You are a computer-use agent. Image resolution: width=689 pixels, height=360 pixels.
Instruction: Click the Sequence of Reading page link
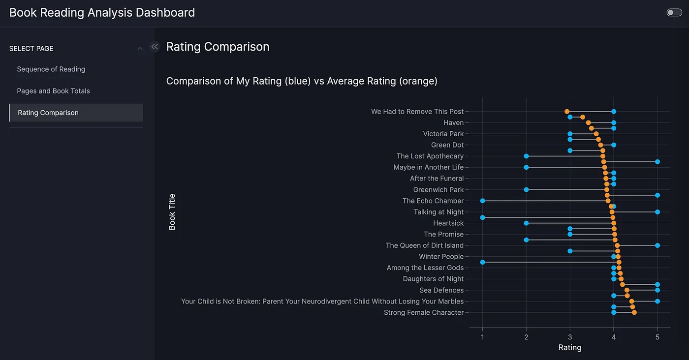(51, 69)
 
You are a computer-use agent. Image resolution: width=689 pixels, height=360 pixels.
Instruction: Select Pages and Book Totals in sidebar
(53, 91)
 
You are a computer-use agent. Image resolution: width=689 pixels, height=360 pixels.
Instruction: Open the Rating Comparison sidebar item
(48, 113)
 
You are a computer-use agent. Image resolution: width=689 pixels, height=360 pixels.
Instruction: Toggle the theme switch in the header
(674, 13)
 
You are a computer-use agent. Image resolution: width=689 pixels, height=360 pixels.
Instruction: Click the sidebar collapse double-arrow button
(155, 47)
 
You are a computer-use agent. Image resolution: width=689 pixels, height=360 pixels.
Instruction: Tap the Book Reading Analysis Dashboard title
(102, 13)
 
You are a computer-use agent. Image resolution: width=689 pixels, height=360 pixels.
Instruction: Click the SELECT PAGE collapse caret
(140, 49)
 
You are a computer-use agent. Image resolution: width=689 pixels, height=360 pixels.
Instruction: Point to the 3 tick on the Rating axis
(570, 337)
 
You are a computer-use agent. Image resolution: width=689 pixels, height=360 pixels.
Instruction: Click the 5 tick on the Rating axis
(658, 337)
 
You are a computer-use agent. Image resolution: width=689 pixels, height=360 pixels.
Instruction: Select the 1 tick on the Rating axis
(482, 337)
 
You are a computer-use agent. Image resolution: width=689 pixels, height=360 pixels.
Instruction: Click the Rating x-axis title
(570, 348)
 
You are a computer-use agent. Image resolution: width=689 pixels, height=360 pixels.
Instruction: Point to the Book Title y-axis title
(172, 212)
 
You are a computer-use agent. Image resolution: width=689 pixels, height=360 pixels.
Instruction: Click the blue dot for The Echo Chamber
(482, 201)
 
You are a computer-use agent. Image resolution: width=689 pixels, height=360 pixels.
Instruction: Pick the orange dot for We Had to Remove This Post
(567, 112)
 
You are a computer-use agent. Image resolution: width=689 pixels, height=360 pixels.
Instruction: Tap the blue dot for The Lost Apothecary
(526, 156)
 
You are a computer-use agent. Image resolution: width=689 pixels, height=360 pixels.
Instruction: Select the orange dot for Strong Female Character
(634, 312)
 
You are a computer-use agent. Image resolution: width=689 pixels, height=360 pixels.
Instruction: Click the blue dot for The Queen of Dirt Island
(658, 245)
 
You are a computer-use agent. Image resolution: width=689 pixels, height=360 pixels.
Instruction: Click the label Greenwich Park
(438, 190)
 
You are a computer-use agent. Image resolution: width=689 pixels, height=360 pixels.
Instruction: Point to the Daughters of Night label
(433, 279)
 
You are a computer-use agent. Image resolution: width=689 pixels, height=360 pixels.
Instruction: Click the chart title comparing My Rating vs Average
(302, 81)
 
